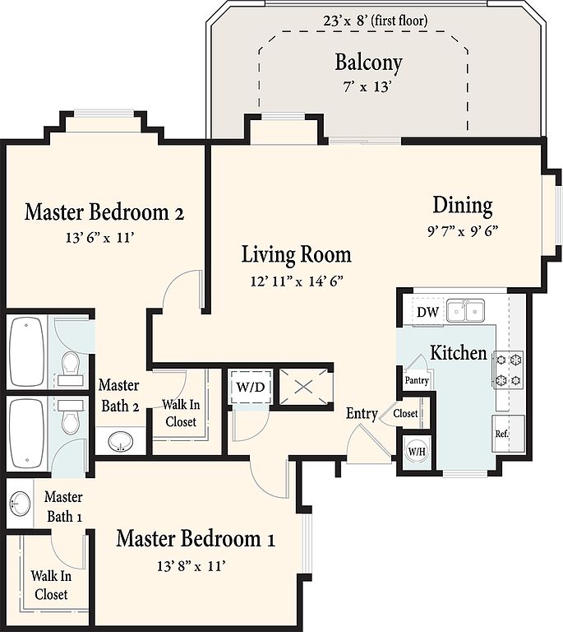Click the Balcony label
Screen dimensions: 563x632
[x=368, y=63]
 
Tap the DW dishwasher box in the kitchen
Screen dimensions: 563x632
[x=427, y=312]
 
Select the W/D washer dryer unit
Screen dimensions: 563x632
[x=251, y=387]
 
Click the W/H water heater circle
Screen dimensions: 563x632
[x=417, y=452]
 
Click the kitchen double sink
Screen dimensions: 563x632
[x=466, y=311]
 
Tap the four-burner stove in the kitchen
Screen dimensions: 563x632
[x=508, y=369]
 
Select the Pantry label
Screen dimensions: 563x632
[x=417, y=380]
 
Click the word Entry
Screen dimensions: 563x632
[x=362, y=414]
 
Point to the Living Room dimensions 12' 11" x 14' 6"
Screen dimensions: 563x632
[x=297, y=281]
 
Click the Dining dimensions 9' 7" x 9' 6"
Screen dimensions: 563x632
[x=463, y=231]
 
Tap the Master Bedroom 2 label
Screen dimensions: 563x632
[x=104, y=212]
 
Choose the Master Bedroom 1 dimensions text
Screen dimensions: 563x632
[x=191, y=566]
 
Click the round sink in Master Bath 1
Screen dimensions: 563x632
[x=20, y=504]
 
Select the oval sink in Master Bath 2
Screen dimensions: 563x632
[x=120, y=442]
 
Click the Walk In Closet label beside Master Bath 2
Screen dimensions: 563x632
[x=181, y=413]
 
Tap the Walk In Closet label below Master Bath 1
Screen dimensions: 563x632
[x=51, y=585]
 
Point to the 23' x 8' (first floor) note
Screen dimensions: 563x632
[x=376, y=20]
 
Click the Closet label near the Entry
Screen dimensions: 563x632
[x=405, y=414]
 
